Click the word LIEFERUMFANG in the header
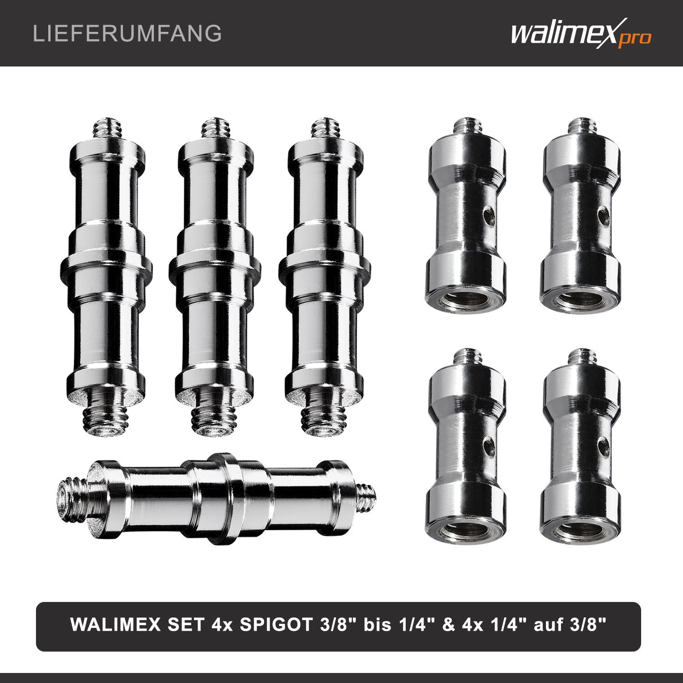[x=127, y=34]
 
